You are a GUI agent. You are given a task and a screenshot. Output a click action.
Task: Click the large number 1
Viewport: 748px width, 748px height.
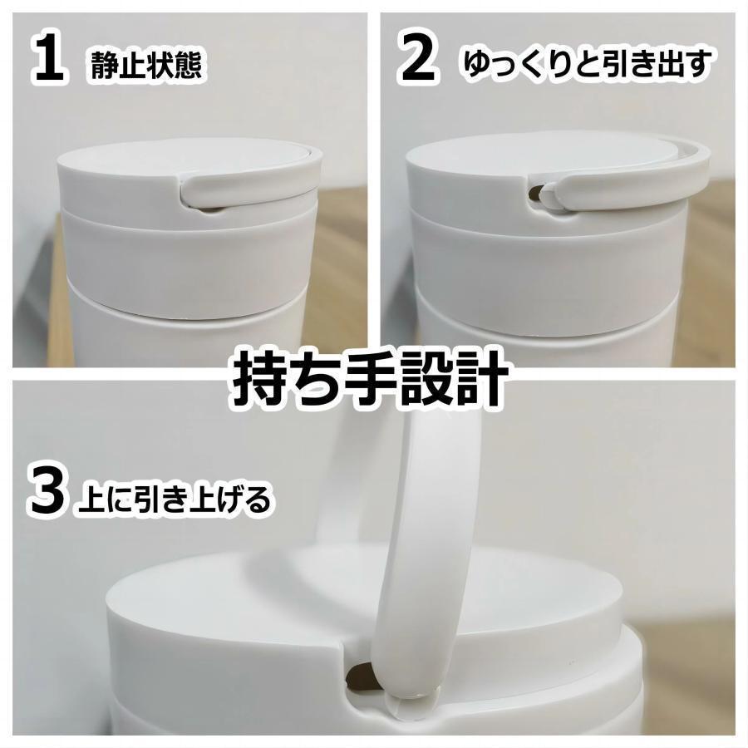[49, 60]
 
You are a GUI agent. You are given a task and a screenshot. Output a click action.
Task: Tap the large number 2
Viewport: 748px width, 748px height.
[418, 60]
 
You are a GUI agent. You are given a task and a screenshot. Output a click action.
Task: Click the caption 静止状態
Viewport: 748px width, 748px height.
[145, 66]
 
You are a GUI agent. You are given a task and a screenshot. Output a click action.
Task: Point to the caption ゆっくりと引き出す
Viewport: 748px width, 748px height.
[586, 64]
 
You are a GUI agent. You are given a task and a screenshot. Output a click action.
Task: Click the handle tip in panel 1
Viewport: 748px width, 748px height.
[194, 194]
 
